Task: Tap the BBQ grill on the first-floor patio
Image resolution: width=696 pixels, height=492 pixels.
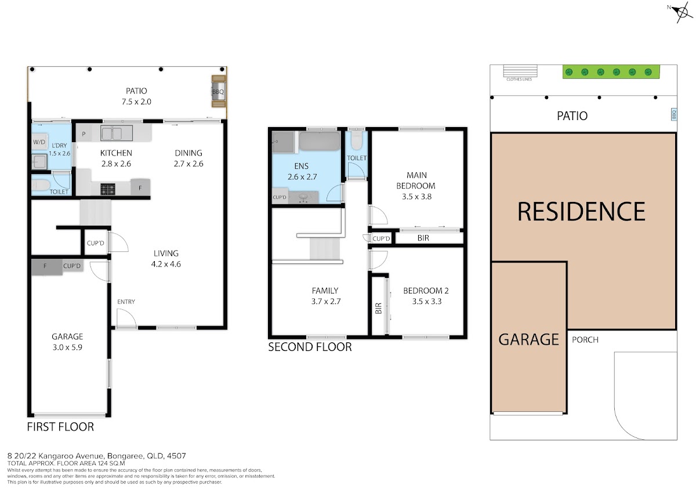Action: (x=219, y=91)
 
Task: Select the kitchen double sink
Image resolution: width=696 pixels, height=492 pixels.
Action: (x=117, y=133)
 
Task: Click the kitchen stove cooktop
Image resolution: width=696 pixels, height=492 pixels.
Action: (x=107, y=189)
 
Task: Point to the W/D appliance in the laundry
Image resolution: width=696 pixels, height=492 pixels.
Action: (x=39, y=142)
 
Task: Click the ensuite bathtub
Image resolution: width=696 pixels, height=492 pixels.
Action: (x=320, y=141)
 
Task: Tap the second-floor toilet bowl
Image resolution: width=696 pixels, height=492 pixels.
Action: (x=356, y=141)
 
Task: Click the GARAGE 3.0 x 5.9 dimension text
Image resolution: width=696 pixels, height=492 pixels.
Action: (x=67, y=347)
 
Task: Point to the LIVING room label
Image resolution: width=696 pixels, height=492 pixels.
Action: (x=166, y=254)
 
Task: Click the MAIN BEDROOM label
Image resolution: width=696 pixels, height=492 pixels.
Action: (x=416, y=180)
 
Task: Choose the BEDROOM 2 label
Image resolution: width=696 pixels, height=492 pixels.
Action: (x=426, y=291)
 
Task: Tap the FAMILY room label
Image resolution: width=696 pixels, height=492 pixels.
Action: (x=325, y=291)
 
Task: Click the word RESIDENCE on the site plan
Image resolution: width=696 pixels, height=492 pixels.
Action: (x=581, y=211)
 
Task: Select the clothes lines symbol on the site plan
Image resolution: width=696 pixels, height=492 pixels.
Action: (x=520, y=71)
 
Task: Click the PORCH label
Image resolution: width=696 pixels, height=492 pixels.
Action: (x=585, y=340)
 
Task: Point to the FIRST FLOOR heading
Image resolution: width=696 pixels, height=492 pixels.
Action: (x=60, y=427)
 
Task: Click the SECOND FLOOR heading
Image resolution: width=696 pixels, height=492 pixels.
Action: (x=310, y=347)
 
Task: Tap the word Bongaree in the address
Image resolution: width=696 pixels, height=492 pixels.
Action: (x=125, y=456)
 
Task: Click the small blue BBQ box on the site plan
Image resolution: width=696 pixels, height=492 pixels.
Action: (x=673, y=115)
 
